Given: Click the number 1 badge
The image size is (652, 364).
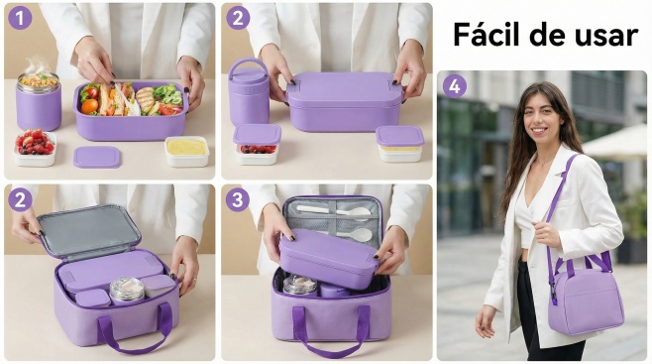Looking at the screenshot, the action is pos(20,18).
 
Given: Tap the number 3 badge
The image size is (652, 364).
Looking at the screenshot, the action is pos(238,199).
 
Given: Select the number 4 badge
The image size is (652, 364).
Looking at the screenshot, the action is pos(455,86).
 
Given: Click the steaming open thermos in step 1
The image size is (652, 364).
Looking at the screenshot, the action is pos(39,100).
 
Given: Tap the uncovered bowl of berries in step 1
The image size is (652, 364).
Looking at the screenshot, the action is pos(35,148).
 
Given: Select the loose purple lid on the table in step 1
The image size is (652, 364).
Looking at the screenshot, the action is pos(97,157).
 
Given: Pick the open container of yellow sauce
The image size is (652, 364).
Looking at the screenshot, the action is pos(186,152).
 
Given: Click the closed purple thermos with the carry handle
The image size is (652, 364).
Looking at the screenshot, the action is pos(249,92).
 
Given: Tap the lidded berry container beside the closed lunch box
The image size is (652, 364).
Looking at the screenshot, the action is pos(257,144).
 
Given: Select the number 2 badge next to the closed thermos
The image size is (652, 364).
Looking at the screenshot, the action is pos(238,18).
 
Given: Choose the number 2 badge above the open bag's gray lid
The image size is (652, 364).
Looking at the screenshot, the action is pos(20,199).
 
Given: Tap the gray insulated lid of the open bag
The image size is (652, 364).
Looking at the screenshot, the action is pos(88,230).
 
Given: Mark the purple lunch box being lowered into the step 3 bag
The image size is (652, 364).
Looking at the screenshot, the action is pos(329,258).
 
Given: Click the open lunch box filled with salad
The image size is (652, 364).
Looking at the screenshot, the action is pos(131,110).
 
